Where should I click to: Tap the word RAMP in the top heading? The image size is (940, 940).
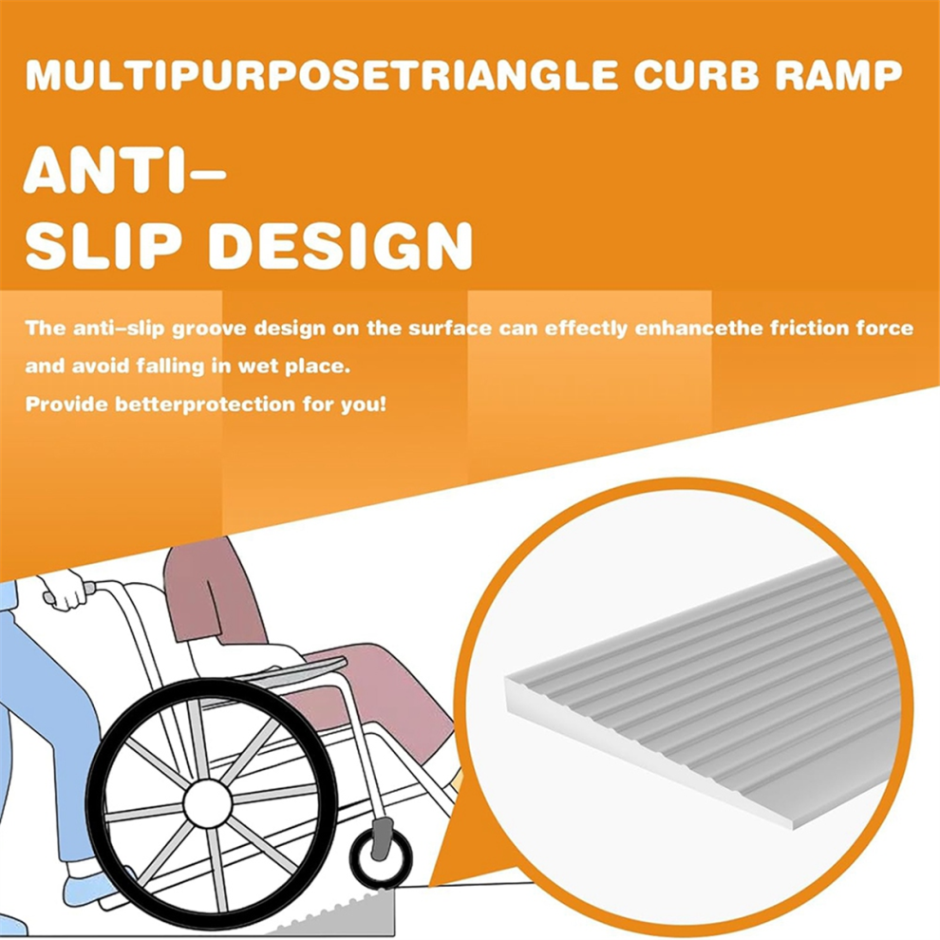pos(833,76)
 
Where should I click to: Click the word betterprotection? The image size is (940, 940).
pos(204,404)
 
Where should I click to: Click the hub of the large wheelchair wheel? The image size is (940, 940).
pos(207,802)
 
